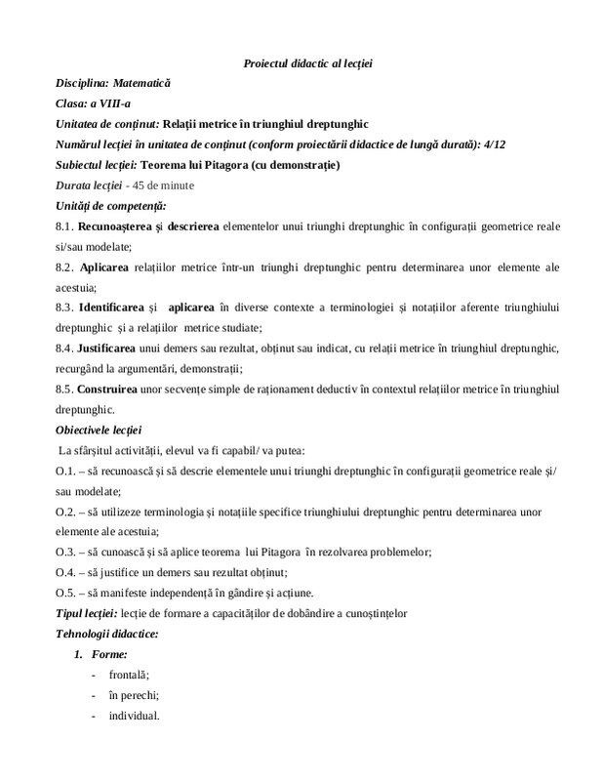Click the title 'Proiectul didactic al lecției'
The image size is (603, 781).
(x=307, y=63)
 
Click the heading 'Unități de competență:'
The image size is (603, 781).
(x=110, y=205)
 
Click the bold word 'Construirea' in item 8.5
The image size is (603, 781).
(x=109, y=389)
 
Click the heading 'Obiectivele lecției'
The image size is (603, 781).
(x=99, y=430)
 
